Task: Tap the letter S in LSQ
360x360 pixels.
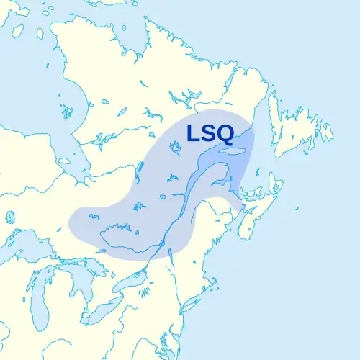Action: [210, 134]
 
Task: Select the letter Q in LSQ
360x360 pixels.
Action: [229, 134]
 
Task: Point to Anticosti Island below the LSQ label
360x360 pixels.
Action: [233, 153]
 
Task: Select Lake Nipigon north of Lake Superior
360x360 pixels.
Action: [10, 216]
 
